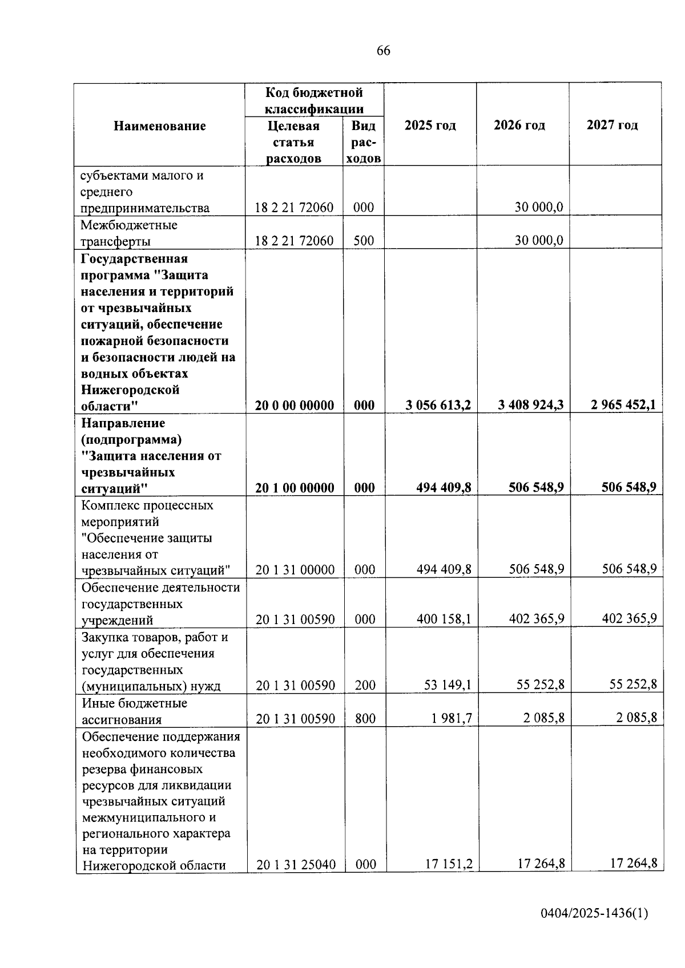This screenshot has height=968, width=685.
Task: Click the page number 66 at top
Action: [x=384, y=51]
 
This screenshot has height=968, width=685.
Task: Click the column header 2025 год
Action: [x=430, y=125]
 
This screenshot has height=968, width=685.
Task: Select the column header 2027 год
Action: [x=612, y=125]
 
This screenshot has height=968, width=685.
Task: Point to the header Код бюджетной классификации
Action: [x=314, y=100]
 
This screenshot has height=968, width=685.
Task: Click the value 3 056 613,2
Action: [x=438, y=406]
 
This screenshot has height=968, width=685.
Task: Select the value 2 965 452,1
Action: [x=623, y=406]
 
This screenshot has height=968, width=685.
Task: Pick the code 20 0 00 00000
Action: [x=295, y=406]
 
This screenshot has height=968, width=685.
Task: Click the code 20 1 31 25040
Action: [x=296, y=865]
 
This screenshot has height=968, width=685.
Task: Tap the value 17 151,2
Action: [x=449, y=864]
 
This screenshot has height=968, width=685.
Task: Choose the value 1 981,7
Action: [x=452, y=718]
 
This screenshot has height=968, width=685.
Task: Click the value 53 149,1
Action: [x=448, y=685]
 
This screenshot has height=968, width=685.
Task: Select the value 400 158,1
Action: [x=444, y=619]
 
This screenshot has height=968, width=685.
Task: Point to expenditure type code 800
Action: [x=365, y=719]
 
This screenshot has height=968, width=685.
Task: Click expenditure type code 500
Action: [x=364, y=241]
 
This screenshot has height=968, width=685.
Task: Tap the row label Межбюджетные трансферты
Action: [x=129, y=233]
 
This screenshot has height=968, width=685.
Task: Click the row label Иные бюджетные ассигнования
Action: [x=134, y=711]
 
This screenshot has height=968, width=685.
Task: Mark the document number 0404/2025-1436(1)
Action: [x=594, y=913]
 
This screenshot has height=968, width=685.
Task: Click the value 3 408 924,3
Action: [x=530, y=406]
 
